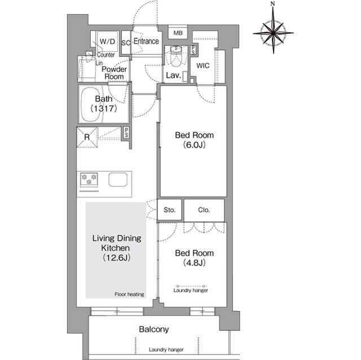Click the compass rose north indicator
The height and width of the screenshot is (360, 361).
click(273, 3)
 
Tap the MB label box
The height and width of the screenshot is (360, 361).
click(178, 33)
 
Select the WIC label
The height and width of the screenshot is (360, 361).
click(203, 66)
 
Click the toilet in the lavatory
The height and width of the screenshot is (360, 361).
click(176, 56)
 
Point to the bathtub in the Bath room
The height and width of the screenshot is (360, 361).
click(92, 104)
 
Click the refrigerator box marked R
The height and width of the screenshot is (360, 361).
click(87, 137)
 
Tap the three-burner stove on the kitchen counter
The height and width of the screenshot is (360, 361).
click(89, 180)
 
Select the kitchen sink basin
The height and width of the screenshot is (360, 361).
click(118, 180)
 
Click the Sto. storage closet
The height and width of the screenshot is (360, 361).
click(169, 210)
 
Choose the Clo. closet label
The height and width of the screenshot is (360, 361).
click(204, 210)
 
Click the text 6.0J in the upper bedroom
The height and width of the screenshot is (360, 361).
click(194, 145)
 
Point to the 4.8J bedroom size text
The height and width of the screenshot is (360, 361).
click(194, 263)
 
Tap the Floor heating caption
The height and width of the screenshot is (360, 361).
click(129, 294)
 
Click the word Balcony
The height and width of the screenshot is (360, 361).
click(154, 329)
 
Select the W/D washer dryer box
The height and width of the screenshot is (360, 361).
click(108, 42)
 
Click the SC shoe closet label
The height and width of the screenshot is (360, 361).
click(126, 43)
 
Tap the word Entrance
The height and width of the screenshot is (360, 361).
click(146, 41)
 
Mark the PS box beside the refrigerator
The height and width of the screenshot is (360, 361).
click(126, 132)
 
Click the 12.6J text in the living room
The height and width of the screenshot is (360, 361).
click(117, 257)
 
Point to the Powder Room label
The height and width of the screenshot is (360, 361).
click(114, 73)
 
